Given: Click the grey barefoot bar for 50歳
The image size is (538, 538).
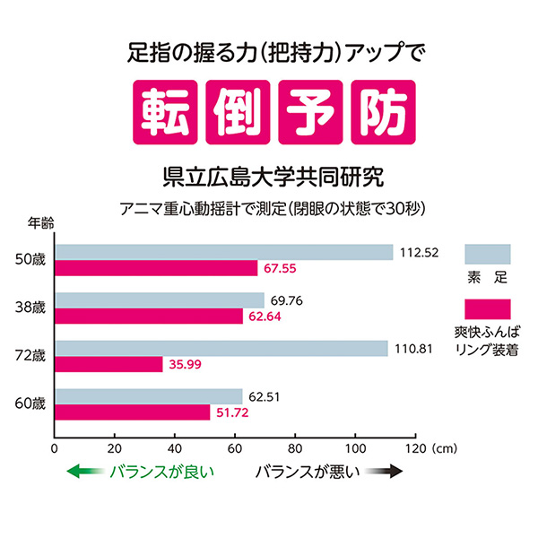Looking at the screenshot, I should click(x=224, y=253).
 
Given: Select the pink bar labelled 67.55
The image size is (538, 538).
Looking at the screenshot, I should click(x=156, y=268).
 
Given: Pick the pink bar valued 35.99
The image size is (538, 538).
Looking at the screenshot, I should click(x=108, y=364).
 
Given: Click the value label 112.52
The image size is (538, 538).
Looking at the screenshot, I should click(x=418, y=253).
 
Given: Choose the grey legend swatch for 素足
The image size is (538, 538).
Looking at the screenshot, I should click(x=487, y=253).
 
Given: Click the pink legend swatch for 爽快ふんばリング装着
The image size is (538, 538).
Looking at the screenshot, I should click(x=487, y=309).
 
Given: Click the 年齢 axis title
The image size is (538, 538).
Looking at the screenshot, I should click(x=40, y=221).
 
